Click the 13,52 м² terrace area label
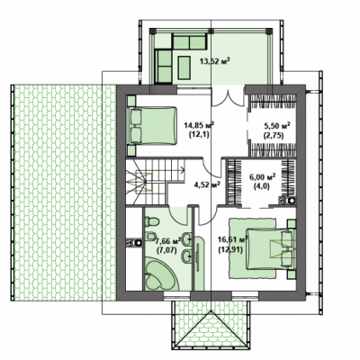click(215, 61)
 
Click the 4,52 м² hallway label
click(207, 184)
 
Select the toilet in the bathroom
click(152, 222)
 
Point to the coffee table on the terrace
click(184, 67)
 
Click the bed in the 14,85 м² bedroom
click(152, 126)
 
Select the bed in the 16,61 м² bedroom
click(271, 249)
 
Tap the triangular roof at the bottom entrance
click(211, 330)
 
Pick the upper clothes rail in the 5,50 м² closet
click(273, 102)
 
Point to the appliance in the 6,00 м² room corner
click(287, 201)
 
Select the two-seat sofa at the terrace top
click(190, 41)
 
